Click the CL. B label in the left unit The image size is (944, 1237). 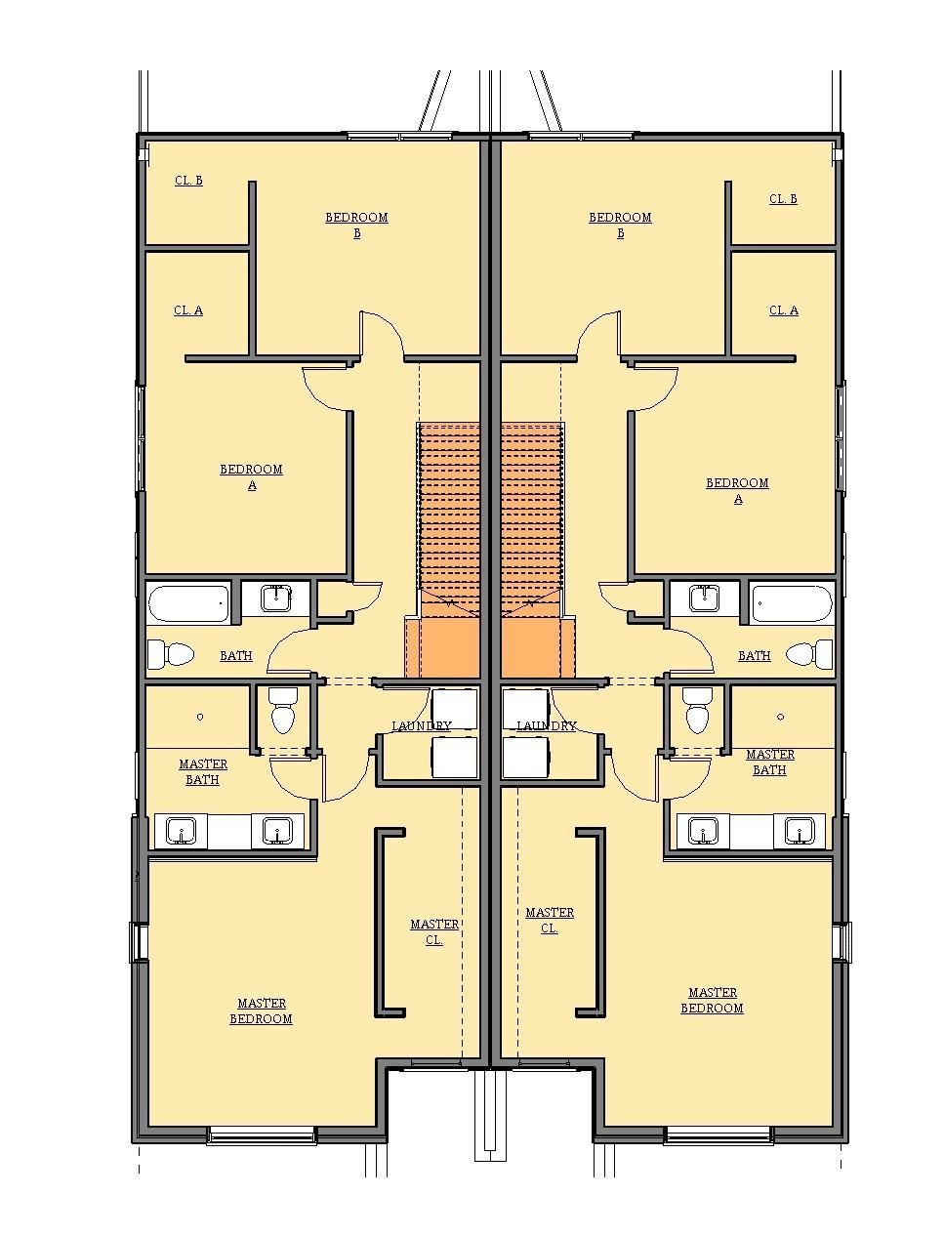(188, 181)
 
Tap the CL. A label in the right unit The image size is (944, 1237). (784, 310)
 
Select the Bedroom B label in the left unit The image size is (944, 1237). (356, 225)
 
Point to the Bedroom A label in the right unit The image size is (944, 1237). (737, 491)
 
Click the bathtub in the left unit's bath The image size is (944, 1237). (188, 603)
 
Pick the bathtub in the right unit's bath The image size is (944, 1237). (792, 603)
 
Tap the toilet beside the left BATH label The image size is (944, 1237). (171, 654)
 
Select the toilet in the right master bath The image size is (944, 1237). (697, 711)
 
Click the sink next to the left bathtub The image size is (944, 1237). (276, 598)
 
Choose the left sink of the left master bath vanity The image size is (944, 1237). (181, 831)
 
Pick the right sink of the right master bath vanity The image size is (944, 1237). (800, 831)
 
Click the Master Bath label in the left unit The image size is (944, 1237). (203, 772)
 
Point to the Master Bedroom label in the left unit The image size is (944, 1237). (261, 1011)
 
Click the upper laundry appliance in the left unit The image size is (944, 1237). (454, 709)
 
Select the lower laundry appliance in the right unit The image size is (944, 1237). (526, 758)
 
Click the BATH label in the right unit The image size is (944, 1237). (755, 655)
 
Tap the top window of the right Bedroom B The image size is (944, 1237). (580, 136)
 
